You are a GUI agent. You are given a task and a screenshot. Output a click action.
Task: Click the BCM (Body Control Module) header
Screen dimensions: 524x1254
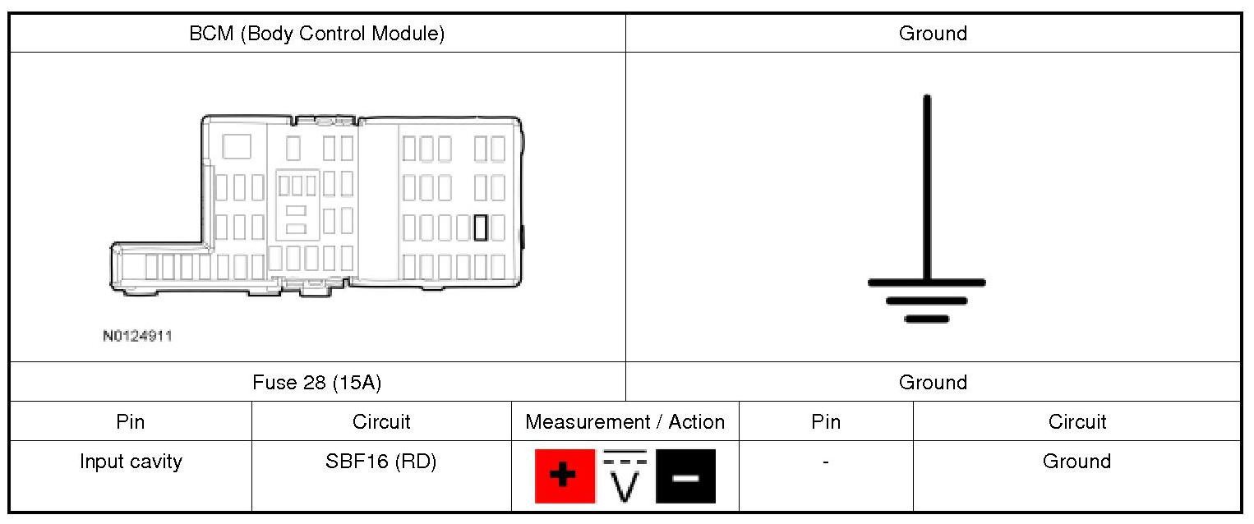click(316, 34)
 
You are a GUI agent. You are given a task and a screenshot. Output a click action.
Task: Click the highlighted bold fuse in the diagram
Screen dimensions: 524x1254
click(481, 228)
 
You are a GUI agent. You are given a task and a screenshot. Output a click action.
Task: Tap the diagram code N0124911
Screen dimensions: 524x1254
click(137, 336)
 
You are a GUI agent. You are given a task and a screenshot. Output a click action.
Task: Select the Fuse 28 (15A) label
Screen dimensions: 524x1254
click(316, 382)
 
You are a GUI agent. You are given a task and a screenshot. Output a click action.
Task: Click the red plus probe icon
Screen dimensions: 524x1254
click(565, 476)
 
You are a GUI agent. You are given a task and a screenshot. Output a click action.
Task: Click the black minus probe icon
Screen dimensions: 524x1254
click(685, 476)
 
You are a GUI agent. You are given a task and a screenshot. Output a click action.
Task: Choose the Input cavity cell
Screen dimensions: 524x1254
click(131, 462)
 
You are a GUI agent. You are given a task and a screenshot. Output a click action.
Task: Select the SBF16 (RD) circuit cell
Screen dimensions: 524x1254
click(380, 462)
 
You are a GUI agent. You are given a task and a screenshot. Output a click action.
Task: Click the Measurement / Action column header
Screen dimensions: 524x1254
click(625, 422)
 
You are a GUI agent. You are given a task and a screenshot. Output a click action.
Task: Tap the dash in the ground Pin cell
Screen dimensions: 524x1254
click(825, 462)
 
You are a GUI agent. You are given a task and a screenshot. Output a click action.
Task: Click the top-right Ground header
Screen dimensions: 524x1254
click(933, 34)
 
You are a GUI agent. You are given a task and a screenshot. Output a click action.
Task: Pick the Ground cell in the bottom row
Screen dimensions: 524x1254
click(1077, 462)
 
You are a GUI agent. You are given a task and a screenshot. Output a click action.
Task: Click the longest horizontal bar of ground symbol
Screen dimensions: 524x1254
click(927, 283)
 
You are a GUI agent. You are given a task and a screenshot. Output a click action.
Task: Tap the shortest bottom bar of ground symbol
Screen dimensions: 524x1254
click(927, 319)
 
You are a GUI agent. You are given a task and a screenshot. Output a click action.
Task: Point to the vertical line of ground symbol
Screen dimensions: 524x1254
click(927, 189)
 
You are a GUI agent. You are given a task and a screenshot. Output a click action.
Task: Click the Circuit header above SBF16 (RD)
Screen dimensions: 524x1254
click(380, 422)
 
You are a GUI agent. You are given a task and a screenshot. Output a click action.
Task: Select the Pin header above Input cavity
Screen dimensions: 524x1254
click(131, 422)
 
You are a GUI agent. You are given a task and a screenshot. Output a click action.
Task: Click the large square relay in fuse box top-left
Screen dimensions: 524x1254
click(237, 146)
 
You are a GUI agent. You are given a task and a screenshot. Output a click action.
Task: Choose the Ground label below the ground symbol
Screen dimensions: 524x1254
click(933, 382)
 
